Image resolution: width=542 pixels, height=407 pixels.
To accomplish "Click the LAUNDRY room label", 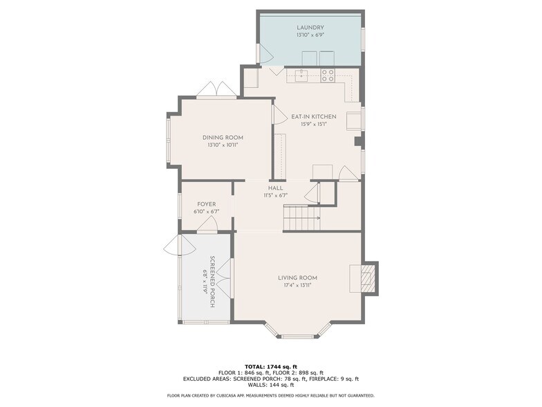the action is (x=310, y=28).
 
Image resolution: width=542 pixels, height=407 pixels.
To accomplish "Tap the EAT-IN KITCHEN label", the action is (x=314, y=116).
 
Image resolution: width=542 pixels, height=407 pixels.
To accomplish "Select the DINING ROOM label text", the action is (x=223, y=138).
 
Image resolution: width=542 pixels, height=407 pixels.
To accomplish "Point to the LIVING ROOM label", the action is (x=297, y=278).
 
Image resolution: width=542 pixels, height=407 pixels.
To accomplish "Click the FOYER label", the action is (x=206, y=205).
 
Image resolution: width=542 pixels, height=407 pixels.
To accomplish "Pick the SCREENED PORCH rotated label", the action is (x=212, y=282).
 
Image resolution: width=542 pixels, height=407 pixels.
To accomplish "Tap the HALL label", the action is (x=275, y=188).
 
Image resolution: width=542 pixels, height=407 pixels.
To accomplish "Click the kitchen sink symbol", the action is (x=301, y=75).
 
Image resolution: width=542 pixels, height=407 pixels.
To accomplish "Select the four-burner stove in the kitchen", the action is (x=328, y=75).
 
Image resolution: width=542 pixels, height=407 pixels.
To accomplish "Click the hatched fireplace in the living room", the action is (x=366, y=278).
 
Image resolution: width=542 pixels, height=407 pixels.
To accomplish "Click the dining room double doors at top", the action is (x=217, y=89).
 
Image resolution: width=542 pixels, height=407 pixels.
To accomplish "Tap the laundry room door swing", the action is (x=265, y=54).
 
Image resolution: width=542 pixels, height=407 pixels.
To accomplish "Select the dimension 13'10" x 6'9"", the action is (x=310, y=35).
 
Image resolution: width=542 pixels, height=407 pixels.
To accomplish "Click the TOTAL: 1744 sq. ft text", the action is (x=271, y=367).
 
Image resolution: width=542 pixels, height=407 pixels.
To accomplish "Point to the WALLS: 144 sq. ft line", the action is (x=271, y=385).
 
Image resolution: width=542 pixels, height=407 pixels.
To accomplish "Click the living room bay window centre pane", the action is (x=297, y=336).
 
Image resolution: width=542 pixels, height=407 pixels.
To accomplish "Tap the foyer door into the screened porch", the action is (x=207, y=226).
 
